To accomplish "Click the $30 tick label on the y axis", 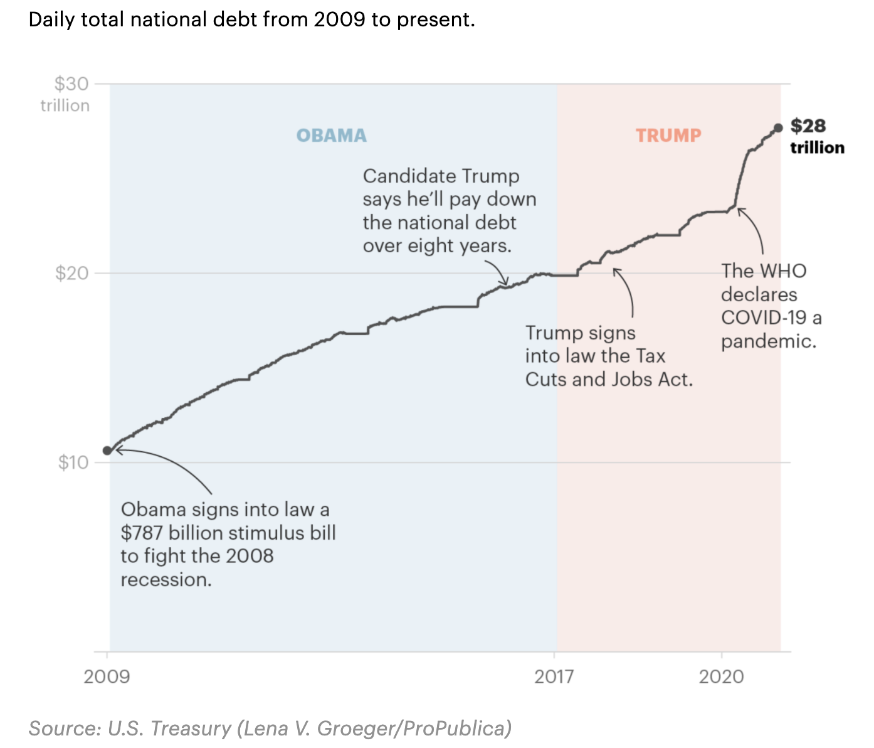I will click(x=71, y=84).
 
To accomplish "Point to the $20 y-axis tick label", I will click(x=71, y=274).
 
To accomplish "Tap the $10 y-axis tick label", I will click(x=73, y=463).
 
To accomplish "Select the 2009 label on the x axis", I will click(x=107, y=676).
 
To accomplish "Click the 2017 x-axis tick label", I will click(x=554, y=676).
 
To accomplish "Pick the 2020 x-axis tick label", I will click(x=722, y=676).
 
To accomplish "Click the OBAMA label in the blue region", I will click(x=331, y=136).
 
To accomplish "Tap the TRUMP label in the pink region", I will click(x=668, y=136).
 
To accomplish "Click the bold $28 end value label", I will click(x=808, y=126).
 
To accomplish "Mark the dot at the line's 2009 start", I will click(x=107, y=451).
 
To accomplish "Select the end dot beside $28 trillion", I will click(x=778, y=128).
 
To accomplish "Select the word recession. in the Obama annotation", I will click(x=166, y=580).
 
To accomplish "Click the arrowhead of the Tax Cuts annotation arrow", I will click(x=616, y=270).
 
